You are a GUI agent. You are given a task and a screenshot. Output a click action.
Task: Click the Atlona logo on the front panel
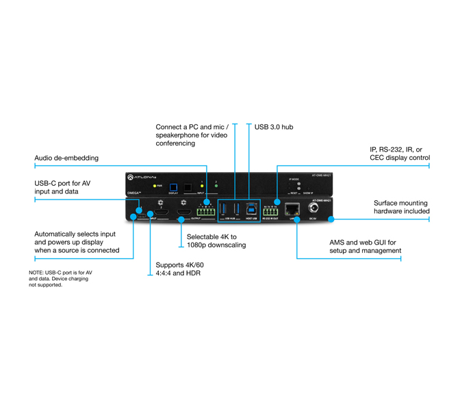pyautogui.click(x=143, y=178)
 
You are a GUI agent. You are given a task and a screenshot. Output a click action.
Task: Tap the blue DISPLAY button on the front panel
pyautogui.click(x=173, y=186)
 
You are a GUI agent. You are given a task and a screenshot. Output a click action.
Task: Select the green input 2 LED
pyautogui.click(x=216, y=184)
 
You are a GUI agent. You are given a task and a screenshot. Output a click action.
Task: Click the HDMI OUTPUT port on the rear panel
pyautogui.click(x=183, y=214)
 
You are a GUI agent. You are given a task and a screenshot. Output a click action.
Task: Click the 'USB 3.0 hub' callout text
pyautogui.click(x=274, y=126)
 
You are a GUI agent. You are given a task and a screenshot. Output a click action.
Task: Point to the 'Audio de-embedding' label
pyautogui.click(x=66, y=158)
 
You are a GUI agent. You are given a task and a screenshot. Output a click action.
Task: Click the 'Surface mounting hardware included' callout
pyautogui.click(x=401, y=207)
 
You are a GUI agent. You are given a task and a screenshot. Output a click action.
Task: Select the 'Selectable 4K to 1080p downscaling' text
pyautogui.click(x=216, y=241)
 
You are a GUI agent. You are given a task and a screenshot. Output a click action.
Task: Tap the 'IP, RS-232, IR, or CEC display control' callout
pyautogui.click(x=400, y=153)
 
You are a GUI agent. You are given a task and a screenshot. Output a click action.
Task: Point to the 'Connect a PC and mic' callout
pyautogui.click(x=192, y=135)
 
